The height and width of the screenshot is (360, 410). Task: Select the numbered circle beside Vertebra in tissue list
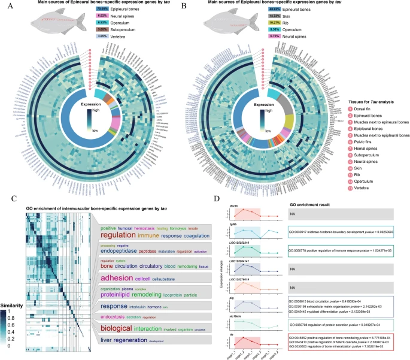[x=350, y=187]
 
